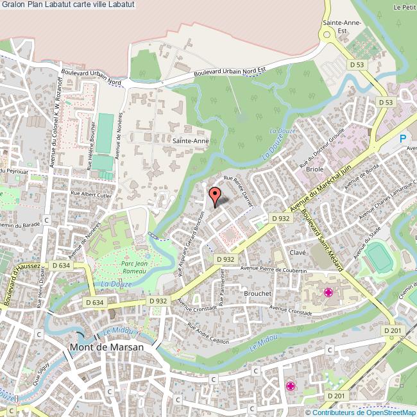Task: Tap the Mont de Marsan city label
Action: (106, 346)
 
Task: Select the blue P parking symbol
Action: (403, 138)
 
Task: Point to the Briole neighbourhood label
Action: (314, 169)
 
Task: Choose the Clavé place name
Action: (297, 253)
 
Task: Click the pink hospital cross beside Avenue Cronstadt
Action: (328, 293)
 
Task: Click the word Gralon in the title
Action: (13, 4)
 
